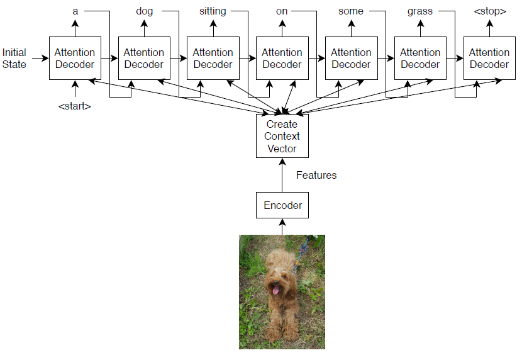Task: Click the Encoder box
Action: [282, 205]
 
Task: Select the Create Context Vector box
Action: [282, 136]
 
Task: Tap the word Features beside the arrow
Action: [316, 176]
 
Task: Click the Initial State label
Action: [14, 59]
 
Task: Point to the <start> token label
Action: [74, 106]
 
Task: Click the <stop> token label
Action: [489, 11]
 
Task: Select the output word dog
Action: [144, 11]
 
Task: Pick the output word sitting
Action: [213, 11]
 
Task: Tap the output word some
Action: [350, 11]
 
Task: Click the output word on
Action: [282, 11]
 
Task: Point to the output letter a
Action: [75, 11]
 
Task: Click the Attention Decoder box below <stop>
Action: [489, 59]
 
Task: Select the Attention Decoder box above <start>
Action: [75, 59]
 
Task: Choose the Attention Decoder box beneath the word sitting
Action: [213, 59]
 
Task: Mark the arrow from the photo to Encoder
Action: [282, 226]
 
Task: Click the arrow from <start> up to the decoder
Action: [75, 89]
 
